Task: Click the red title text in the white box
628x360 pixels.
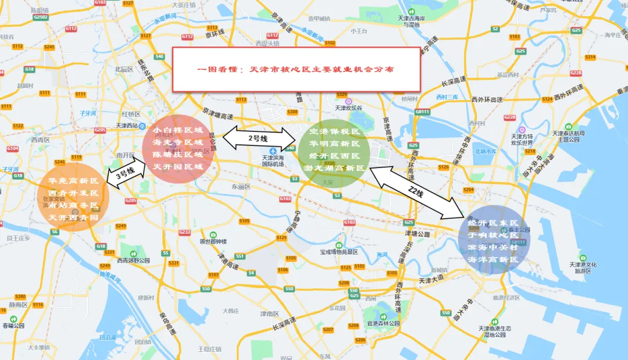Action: pos(295,69)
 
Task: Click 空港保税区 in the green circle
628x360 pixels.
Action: pos(334,132)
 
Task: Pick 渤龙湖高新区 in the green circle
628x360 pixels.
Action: pos(334,168)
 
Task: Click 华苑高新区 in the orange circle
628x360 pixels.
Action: pos(73,181)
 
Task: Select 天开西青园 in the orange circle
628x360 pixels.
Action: pos(73,218)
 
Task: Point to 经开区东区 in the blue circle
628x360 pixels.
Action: pos(492,223)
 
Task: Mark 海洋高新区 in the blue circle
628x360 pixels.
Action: pos(492,259)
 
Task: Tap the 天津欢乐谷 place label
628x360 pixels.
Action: pos(348,108)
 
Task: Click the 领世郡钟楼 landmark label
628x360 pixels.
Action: pos(213,241)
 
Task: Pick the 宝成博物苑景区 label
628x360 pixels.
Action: pos(341,252)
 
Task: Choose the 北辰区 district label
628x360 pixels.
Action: pos(124,69)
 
